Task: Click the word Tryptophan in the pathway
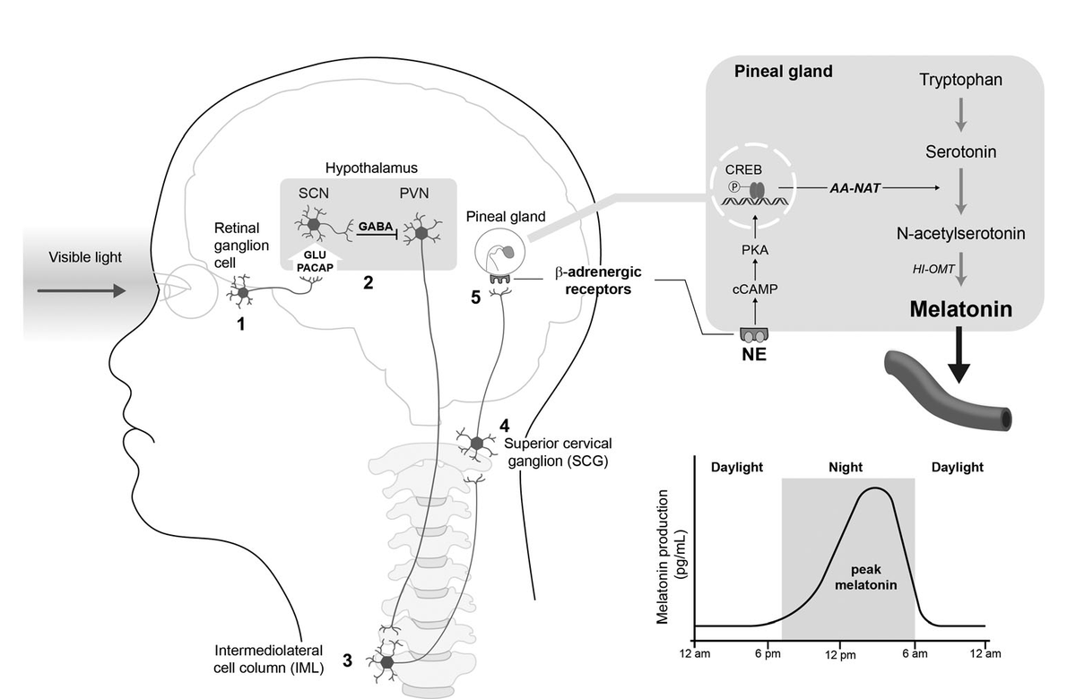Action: [x=960, y=81]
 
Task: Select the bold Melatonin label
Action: [x=960, y=310]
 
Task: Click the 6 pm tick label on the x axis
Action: [x=768, y=654]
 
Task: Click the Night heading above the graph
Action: [x=848, y=467]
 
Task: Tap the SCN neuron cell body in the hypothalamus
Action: [x=314, y=222]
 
